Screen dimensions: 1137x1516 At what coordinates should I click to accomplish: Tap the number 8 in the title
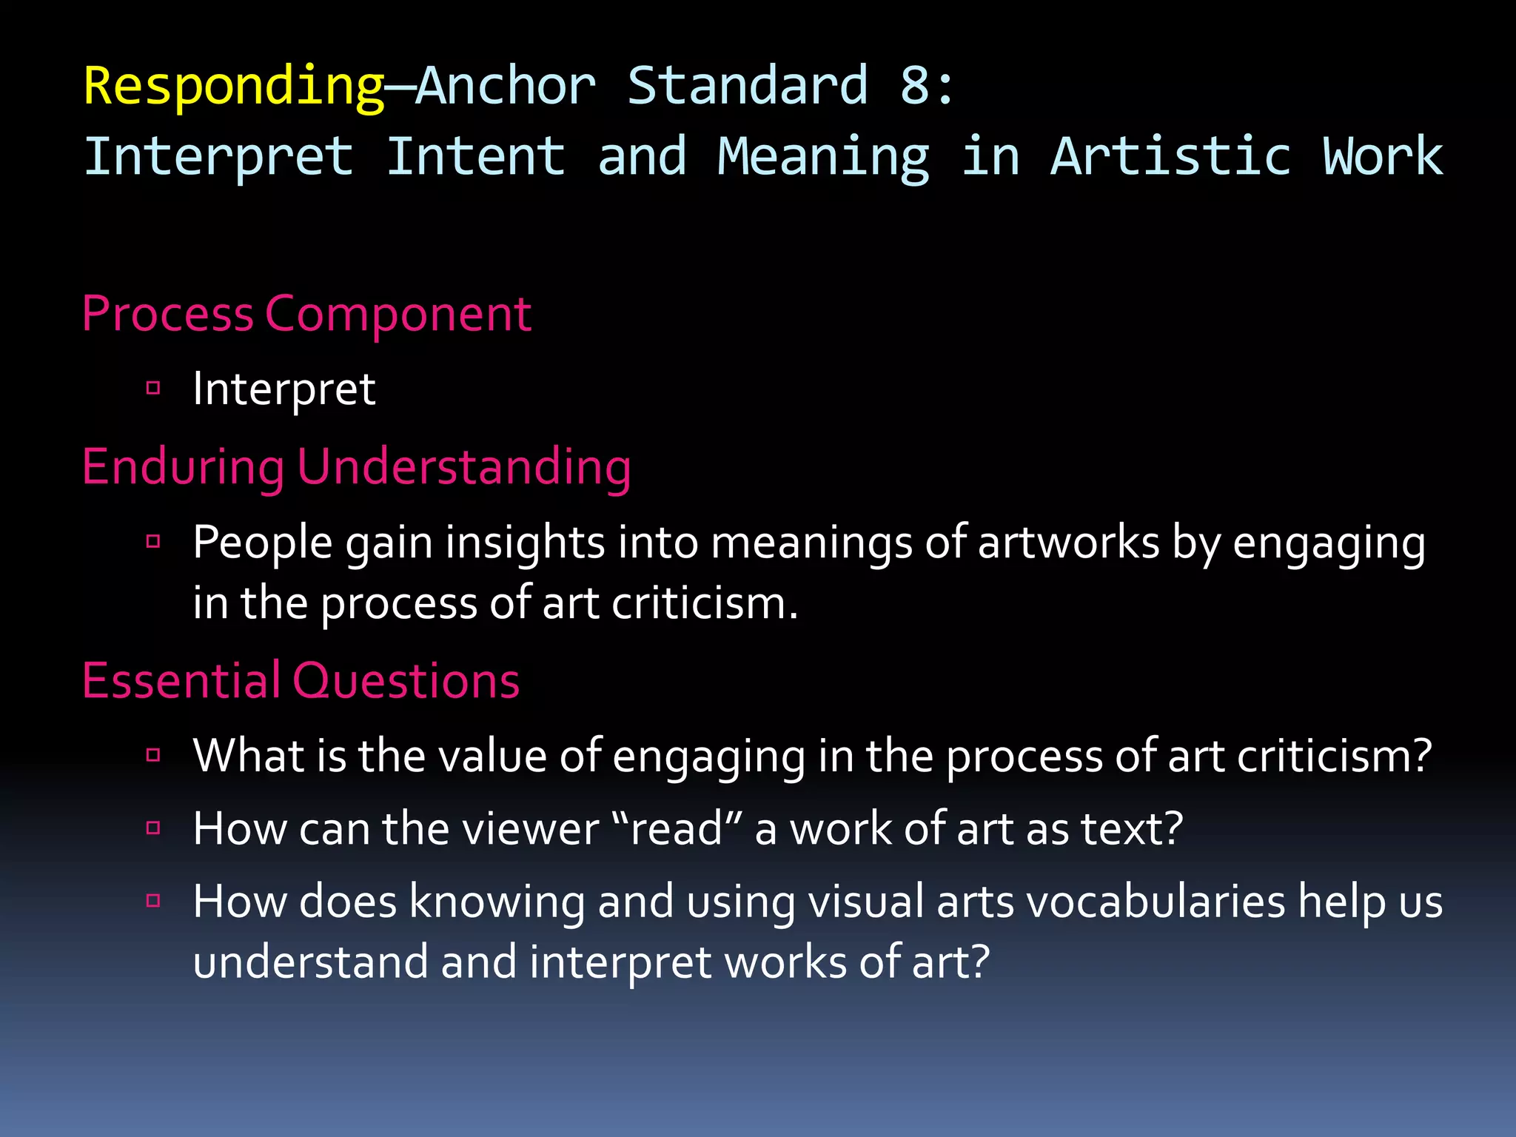[915, 86]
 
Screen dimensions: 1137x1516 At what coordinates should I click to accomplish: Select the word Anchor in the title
[506, 86]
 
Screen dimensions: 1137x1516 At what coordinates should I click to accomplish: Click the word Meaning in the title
[822, 157]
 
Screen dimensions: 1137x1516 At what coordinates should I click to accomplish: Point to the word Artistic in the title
[1170, 157]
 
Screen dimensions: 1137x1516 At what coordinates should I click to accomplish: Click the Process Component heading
[306, 314]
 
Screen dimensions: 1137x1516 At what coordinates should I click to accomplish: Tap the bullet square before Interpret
[153, 388]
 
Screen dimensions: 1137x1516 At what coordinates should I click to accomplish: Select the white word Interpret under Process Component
[284, 389]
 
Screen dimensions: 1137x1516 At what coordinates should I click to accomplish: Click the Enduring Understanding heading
[356, 467]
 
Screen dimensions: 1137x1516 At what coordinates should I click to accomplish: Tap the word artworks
[1068, 543]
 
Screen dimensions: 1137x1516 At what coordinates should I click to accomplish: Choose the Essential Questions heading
[301, 680]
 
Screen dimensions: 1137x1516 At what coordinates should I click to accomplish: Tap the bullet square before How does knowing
[153, 901]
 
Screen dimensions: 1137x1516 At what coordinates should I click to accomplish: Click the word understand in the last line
[310, 962]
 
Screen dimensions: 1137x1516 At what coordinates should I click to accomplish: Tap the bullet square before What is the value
[153, 755]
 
